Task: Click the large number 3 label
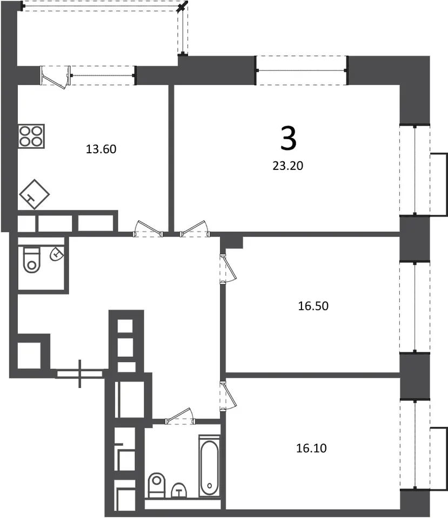click(288, 139)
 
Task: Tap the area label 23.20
click(288, 166)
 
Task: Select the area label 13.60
click(101, 149)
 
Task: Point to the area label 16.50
click(313, 306)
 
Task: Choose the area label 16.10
click(311, 448)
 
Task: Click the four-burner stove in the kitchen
click(31, 136)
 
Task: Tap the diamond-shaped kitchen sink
click(35, 194)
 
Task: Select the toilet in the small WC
click(32, 259)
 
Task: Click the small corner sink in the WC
click(57, 254)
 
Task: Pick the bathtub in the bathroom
click(209, 466)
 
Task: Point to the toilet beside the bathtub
click(157, 485)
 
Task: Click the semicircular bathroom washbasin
click(179, 490)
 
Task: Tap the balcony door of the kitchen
click(56, 76)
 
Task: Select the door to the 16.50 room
click(228, 268)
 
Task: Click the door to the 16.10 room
click(228, 396)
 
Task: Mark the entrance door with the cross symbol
click(80, 373)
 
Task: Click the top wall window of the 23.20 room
click(302, 70)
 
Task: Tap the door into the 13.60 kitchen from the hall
click(148, 229)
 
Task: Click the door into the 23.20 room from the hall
click(195, 229)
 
